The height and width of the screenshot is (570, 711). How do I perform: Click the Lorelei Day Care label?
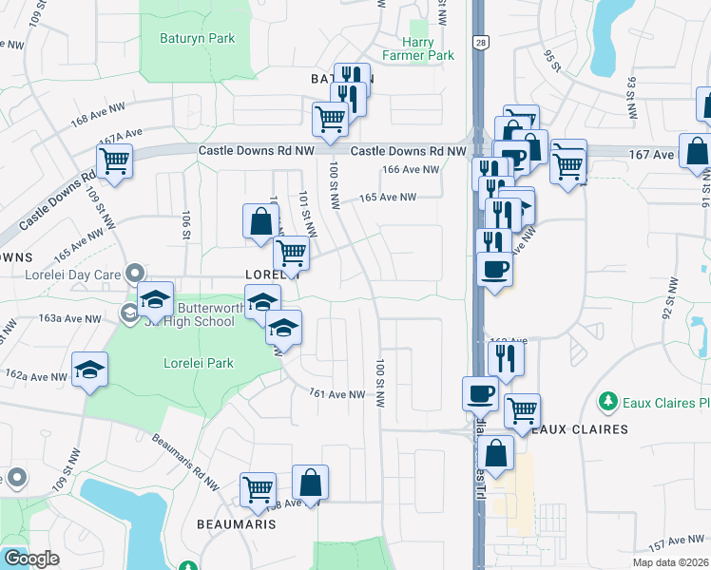[x=67, y=275]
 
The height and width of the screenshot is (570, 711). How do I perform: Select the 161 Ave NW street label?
[x=337, y=394]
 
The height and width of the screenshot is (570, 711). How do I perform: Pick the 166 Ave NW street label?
[x=412, y=170]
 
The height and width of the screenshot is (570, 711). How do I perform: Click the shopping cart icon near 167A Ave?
[x=114, y=162]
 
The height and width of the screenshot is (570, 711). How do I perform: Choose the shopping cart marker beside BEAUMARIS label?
[x=258, y=489]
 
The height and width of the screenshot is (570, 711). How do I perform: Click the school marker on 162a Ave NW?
[x=89, y=370]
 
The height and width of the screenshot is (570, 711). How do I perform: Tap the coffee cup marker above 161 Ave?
[x=480, y=392]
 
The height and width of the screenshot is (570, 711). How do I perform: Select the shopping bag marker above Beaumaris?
[x=310, y=483]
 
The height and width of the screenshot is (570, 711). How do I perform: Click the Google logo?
[x=31, y=559]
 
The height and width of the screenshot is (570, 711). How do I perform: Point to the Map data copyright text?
[x=670, y=562]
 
